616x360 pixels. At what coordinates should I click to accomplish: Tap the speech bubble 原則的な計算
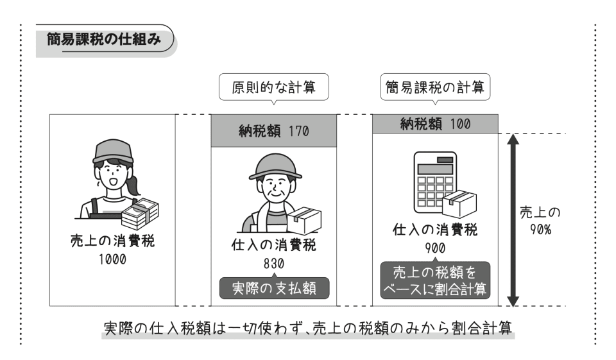[274, 88]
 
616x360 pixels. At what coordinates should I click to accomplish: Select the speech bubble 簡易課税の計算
[434, 88]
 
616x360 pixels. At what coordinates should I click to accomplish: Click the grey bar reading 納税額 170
[274, 133]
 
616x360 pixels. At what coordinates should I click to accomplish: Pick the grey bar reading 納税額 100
[434, 124]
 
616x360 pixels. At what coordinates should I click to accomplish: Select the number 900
[434, 248]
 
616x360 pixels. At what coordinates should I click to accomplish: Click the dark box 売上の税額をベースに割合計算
[434, 280]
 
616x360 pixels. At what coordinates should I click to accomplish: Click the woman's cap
[113, 151]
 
